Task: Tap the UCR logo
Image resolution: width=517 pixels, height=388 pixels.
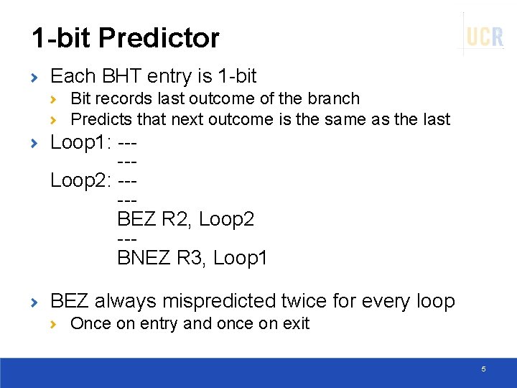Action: pos(485,36)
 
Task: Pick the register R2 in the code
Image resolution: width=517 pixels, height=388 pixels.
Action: pos(175,218)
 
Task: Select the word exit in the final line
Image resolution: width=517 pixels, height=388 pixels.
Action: pos(295,323)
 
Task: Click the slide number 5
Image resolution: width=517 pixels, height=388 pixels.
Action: pos(483,369)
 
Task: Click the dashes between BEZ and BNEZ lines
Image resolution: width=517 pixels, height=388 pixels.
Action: pos(126,238)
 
